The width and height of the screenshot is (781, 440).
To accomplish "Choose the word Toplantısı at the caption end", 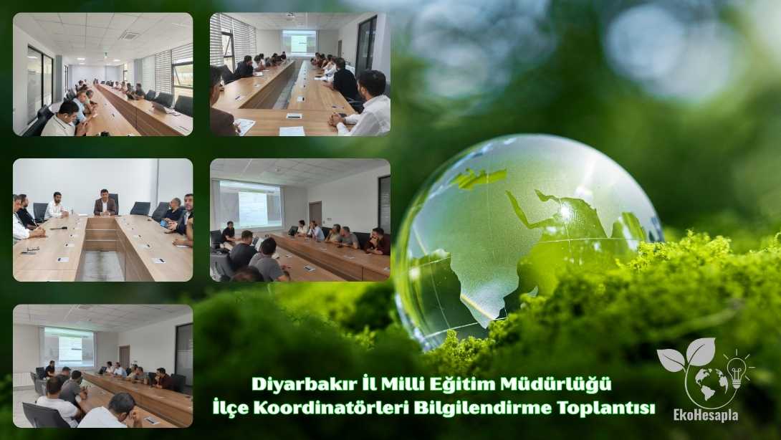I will [x=614, y=408].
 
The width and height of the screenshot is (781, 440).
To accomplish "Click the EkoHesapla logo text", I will [x=705, y=416].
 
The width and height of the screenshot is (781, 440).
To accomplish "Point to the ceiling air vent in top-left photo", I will [x=129, y=35].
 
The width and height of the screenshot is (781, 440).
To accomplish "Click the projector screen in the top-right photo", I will [x=299, y=42].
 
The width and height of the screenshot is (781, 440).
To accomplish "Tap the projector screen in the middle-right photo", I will [x=250, y=205].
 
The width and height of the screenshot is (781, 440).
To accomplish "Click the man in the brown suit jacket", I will [x=105, y=204].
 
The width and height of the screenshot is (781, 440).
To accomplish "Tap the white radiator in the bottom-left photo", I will [x=22, y=378].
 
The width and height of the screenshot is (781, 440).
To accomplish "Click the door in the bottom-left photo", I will [x=124, y=356].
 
